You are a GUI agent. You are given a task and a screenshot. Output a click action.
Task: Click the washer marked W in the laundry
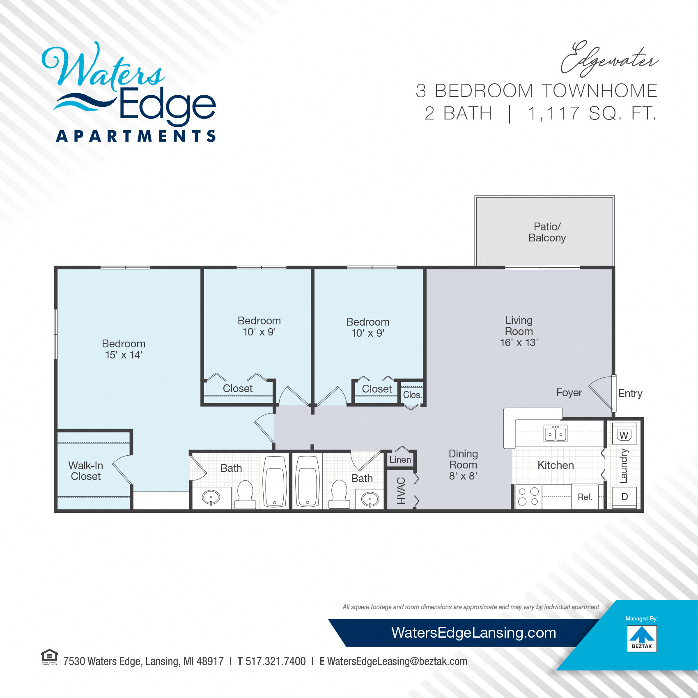click(624, 434)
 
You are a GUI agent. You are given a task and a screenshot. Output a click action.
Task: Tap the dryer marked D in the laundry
click(625, 497)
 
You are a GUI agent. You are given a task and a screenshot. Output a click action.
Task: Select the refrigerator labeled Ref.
click(585, 497)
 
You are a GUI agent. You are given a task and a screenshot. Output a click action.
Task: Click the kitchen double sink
click(556, 433)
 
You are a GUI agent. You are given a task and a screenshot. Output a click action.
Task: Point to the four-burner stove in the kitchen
click(528, 496)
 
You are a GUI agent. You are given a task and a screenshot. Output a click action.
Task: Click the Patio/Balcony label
click(547, 232)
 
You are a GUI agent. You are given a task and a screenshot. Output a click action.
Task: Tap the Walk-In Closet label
click(85, 471)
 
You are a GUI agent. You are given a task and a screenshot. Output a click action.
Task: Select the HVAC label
click(401, 491)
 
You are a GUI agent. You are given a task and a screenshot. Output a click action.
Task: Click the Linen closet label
click(400, 460)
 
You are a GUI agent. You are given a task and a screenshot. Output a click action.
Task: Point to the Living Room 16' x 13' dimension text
click(519, 342)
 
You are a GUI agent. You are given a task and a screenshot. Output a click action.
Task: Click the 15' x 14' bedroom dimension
click(124, 355)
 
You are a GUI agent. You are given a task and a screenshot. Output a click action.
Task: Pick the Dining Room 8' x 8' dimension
click(463, 476)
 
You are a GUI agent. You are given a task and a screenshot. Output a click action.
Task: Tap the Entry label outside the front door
click(630, 393)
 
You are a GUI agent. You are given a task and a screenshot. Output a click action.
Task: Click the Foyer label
click(569, 393)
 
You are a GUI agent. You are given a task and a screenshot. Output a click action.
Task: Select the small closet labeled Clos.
click(412, 395)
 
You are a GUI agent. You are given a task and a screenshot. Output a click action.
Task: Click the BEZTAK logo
click(642, 638)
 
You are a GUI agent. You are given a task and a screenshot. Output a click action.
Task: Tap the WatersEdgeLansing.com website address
click(473, 633)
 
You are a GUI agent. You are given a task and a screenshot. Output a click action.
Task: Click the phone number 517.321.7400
click(276, 661)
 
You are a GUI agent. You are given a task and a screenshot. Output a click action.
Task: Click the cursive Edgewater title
click(609, 60)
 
